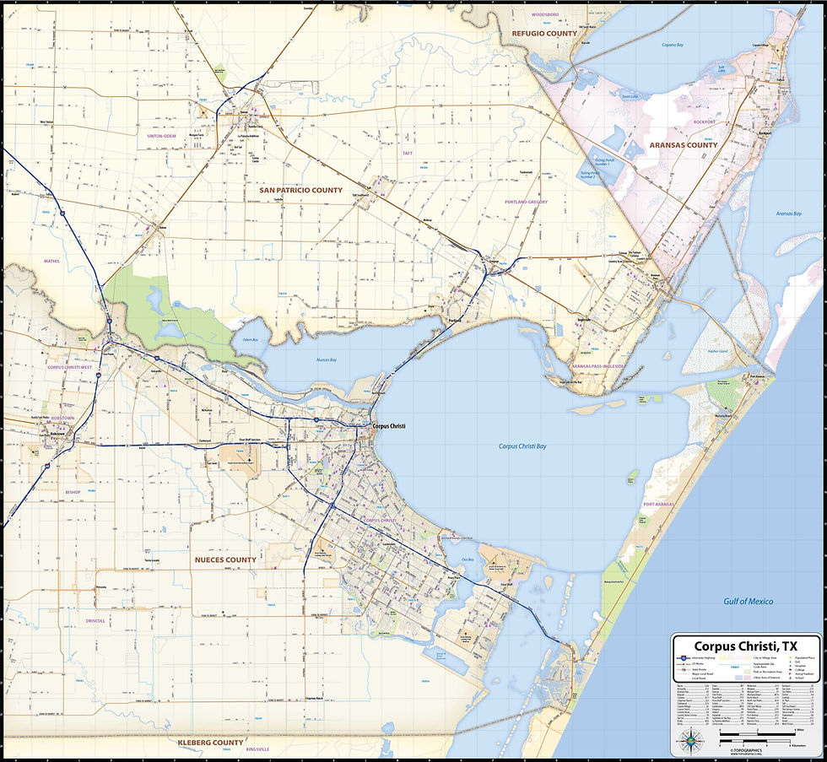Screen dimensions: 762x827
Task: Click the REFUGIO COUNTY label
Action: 544,34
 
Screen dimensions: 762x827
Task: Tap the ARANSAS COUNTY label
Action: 683,145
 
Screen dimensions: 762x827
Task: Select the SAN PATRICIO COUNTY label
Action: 300,191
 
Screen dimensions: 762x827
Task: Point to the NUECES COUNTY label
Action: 225,559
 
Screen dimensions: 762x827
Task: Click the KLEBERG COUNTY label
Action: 210,743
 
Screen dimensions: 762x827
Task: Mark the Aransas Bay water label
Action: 788,213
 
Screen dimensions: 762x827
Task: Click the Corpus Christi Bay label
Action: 522,446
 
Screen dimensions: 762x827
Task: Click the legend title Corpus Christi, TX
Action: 746,646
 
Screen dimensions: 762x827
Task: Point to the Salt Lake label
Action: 722,68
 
